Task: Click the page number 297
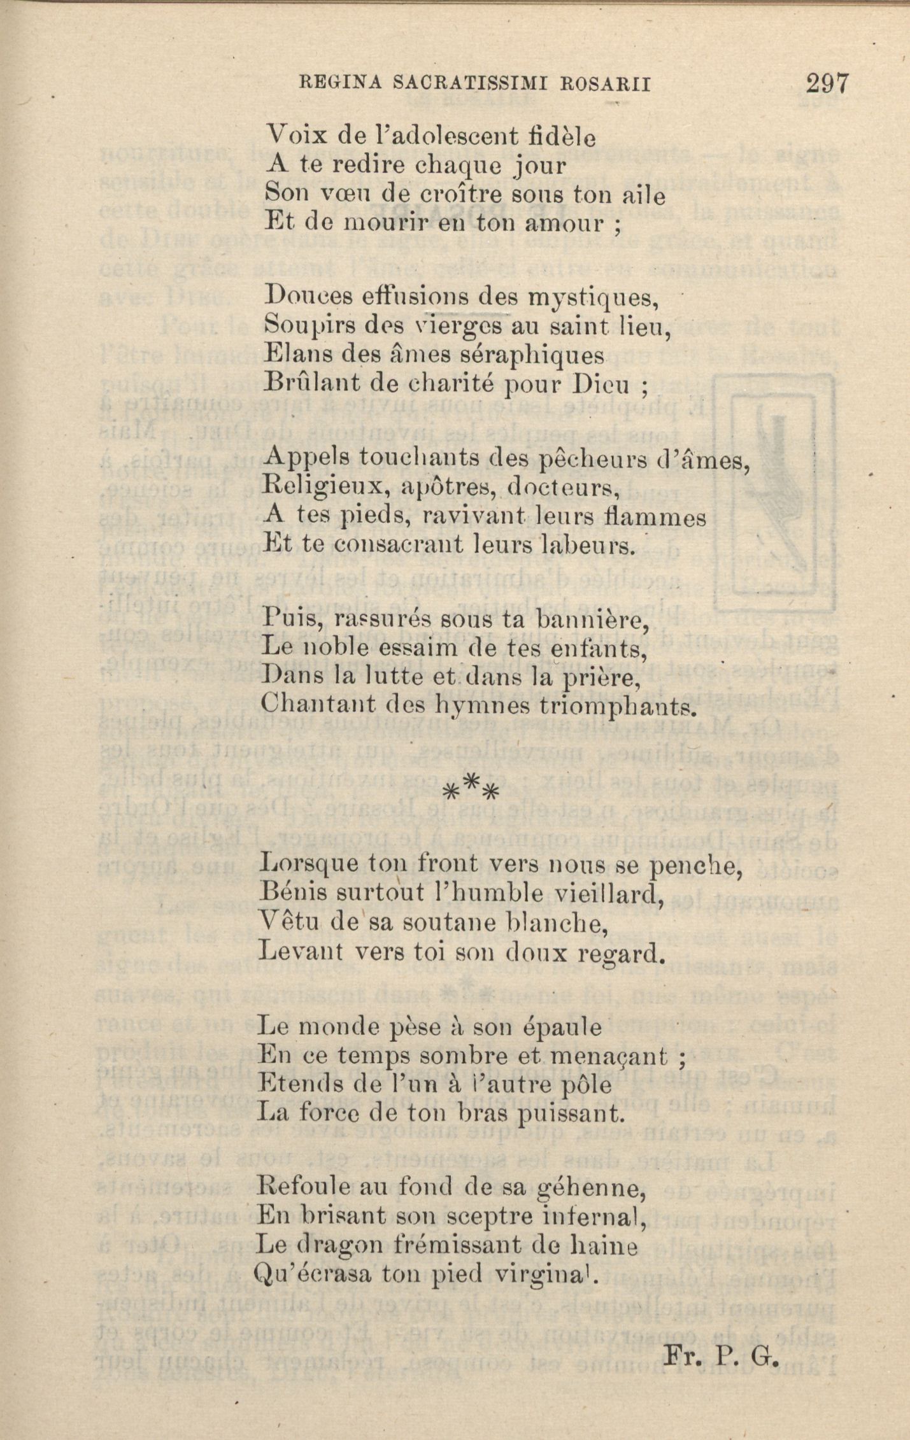coord(827,83)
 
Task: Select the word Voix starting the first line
coord(291,136)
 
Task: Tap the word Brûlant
coord(306,384)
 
